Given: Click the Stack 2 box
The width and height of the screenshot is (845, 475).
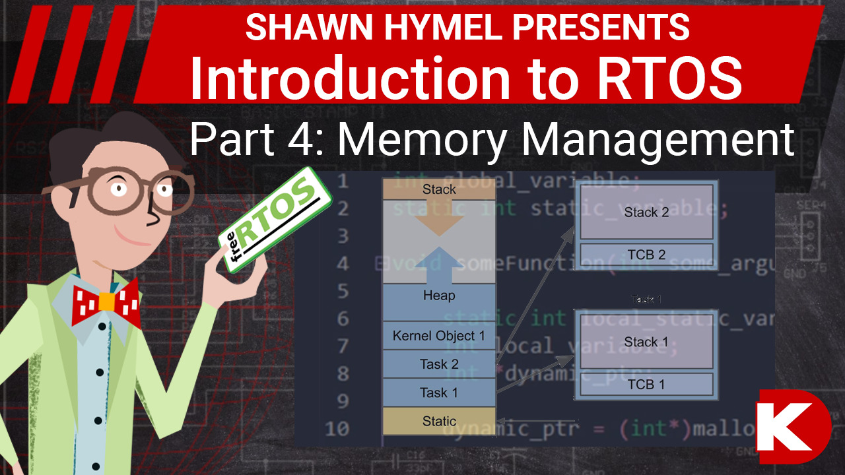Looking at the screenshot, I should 646,212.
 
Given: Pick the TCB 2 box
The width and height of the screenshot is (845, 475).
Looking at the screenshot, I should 646,255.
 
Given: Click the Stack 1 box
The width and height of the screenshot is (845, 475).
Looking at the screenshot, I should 646,342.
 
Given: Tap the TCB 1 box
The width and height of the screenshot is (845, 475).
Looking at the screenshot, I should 646,385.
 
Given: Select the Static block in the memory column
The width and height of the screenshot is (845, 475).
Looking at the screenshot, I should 439,421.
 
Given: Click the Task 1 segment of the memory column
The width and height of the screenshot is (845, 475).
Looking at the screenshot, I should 439,393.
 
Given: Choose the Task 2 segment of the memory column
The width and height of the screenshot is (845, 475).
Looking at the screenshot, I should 439,364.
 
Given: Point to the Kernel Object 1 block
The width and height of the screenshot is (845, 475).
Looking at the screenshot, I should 439,336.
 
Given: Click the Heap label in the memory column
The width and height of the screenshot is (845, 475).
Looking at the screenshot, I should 439,296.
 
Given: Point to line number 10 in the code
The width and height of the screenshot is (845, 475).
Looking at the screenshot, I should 337,429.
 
